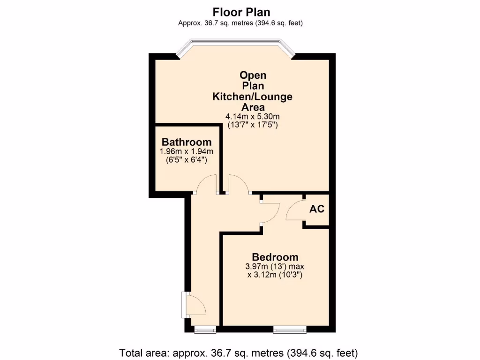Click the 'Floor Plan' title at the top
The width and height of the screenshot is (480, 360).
point(241,12)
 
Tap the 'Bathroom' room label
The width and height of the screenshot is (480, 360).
point(187,142)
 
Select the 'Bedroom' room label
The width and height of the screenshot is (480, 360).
point(275,257)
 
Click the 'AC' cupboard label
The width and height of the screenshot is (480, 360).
point(317,209)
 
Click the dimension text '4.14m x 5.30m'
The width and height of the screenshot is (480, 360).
point(253,116)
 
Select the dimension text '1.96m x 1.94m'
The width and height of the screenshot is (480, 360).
point(187,151)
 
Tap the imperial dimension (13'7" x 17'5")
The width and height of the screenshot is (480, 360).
point(253,125)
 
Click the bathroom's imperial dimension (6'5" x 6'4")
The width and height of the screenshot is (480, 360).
point(187,160)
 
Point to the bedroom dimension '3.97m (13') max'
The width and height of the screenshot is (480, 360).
point(275,266)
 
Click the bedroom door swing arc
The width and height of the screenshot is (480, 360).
point(271,211)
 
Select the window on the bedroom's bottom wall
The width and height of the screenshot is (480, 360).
point(290,330)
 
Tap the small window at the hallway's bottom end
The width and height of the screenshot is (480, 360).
point(205,330)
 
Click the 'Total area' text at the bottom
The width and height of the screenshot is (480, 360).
point(239,352)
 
